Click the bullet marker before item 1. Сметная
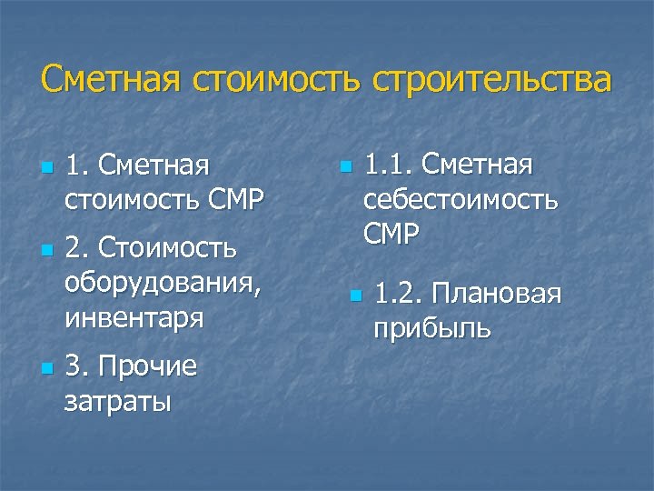point(45,169)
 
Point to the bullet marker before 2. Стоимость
point(45,249)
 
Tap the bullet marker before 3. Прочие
point(45,368)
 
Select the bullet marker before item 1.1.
point(344,168)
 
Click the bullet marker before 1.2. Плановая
point(355,296)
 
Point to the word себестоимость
point(461,200)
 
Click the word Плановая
point(497,294)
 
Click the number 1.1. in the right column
point(389,165)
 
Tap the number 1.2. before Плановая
point(399,294)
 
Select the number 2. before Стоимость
point(77,247)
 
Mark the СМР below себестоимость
point(391,235)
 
